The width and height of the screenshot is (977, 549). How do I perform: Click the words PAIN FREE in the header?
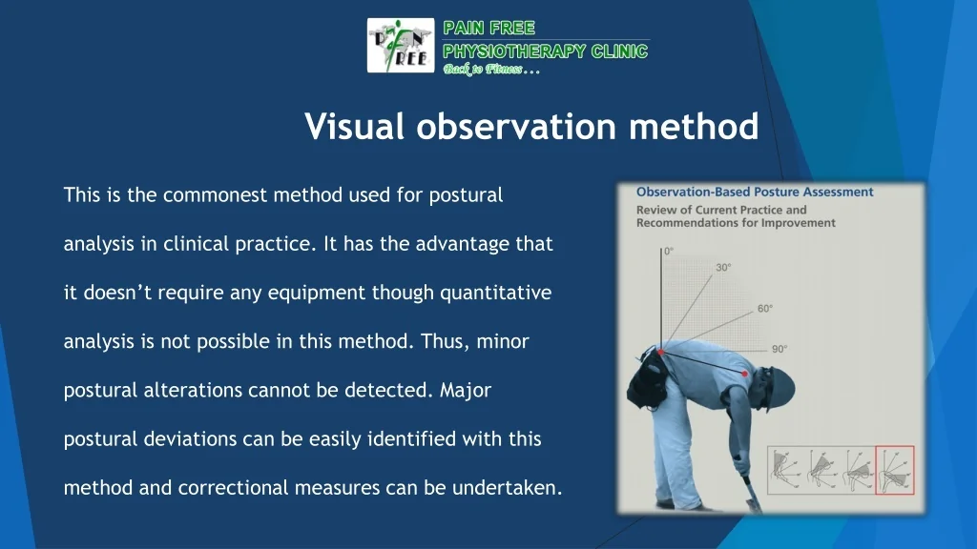[x=489, y=28]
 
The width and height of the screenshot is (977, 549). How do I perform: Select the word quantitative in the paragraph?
[x=495, y=293]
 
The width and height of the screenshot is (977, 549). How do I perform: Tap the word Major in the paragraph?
[x=466, y=390]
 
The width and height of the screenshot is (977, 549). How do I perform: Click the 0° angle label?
[x=669, y=251]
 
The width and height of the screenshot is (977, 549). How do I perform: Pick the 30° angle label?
[x=724, y=268]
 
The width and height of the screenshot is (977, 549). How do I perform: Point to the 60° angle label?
[x=765, y=309]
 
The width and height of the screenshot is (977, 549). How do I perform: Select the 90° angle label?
[x=780, y=349]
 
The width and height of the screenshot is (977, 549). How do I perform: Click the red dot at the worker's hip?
[x=661, y=354]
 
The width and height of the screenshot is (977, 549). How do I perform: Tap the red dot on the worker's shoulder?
[x=745, y=375]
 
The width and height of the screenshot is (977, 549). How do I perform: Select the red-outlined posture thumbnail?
[x=894, y=470]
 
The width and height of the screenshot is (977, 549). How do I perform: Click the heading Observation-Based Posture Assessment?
[x=755, y=192]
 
